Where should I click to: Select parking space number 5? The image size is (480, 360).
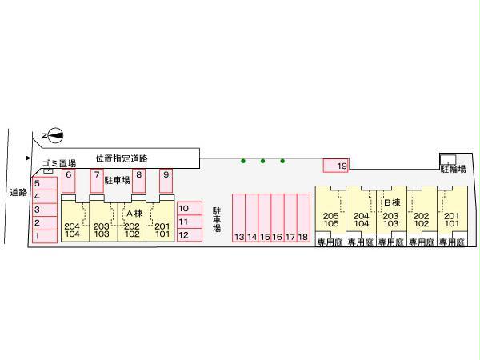click(45, 183)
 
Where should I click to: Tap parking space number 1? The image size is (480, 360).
click(45, 235)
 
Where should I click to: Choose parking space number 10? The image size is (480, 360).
click(189, 209)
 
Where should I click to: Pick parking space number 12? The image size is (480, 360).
click(189, 234)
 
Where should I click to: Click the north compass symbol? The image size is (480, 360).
click(53, 135)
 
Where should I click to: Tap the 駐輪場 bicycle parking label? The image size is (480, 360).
click(453, 169)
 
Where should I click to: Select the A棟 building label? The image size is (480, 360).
click(133, 214)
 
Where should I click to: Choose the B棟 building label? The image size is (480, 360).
click(391, 203)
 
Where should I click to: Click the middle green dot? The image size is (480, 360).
click(262, 161)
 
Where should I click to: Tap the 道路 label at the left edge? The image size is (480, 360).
click(17, 192)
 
